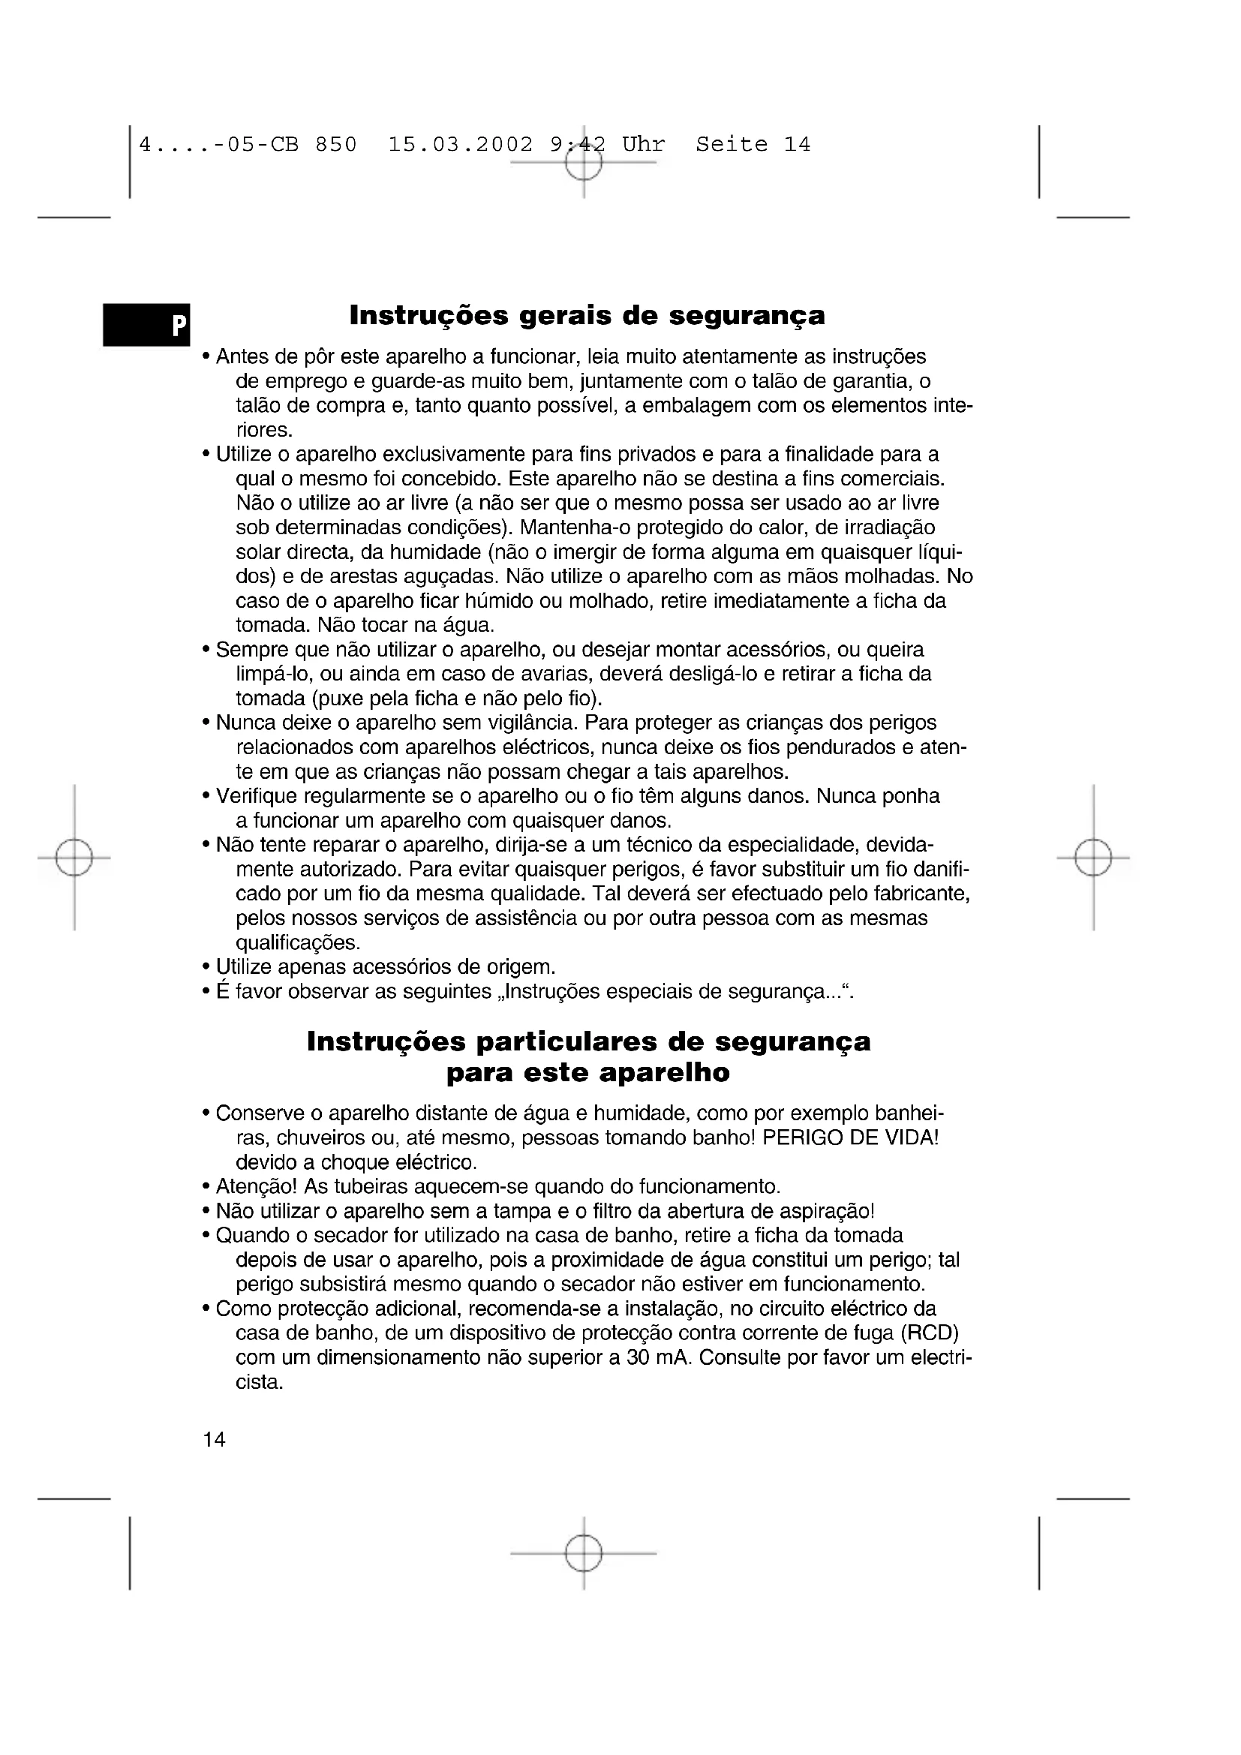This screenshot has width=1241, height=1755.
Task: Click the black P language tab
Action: [147, 325]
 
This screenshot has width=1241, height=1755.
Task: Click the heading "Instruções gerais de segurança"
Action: [587, 315]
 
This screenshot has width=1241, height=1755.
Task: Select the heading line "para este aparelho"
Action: [587, 1072]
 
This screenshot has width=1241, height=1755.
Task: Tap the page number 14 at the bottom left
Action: [214, 1440]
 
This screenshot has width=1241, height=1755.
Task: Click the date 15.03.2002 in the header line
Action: [460, 145]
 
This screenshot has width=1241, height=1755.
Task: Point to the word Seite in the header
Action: [732, 145]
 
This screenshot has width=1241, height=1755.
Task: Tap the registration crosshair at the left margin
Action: [74, 858]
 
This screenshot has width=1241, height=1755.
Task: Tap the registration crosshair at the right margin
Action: [1092, 858]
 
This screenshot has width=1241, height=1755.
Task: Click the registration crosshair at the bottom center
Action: [584, 1553]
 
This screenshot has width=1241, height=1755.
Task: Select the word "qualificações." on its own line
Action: [298, 942]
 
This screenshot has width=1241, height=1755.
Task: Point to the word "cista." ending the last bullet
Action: [260, 1382]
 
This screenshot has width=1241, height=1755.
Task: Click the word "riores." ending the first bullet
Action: [264, 430]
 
